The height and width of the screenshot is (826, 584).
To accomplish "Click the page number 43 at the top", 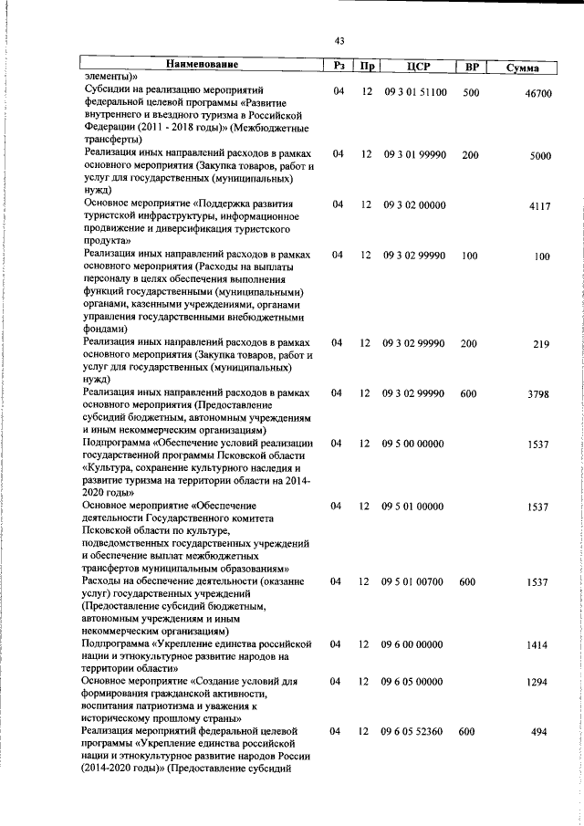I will click(339, 41).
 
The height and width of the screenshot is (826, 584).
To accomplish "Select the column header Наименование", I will click(202, 65).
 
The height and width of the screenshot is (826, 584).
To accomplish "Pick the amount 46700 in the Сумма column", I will click(533, 94).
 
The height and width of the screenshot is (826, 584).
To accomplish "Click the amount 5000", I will click(539, 156).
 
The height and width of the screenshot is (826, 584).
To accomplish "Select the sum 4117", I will click(539, 206).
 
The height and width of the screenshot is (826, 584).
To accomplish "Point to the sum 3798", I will click(538, 394).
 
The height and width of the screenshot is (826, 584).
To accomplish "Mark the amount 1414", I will click(537, 645).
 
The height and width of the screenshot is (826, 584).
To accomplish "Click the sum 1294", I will click(537, 683).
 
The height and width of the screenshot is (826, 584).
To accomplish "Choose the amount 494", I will click(541, 733).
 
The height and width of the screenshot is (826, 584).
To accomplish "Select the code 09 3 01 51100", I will click(414, 92).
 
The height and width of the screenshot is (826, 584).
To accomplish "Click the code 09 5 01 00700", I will click(414, 581).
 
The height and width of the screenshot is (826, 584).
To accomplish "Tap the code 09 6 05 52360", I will click(414, 731).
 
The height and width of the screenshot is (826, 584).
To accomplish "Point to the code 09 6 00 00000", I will click(414, 644).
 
